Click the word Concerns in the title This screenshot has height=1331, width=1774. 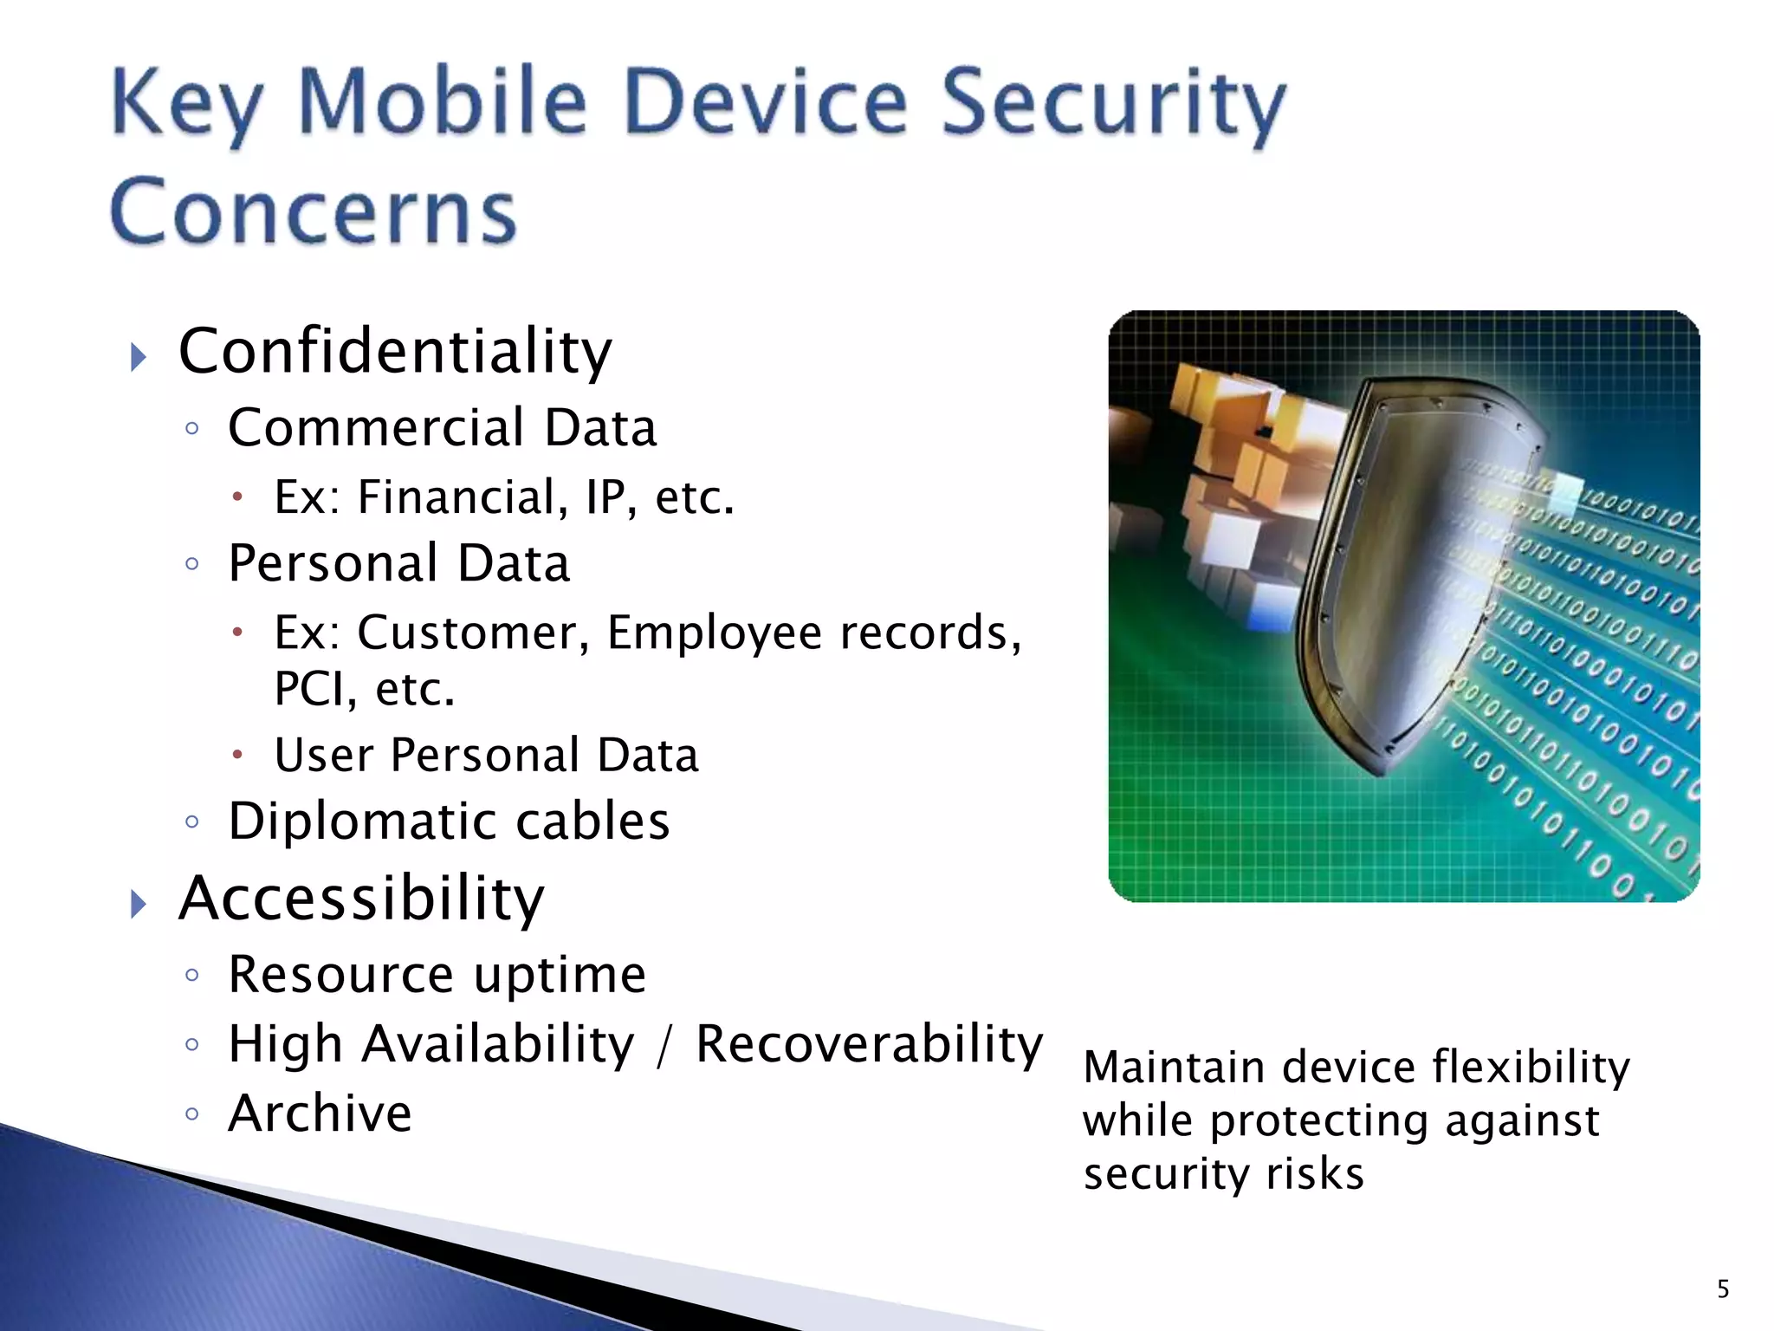[314, 212]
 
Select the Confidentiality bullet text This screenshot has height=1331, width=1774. [395, 352]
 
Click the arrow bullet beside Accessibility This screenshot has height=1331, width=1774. [139, 904]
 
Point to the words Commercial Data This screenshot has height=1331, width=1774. [442, 427]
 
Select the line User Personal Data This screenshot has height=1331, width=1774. [486, 755]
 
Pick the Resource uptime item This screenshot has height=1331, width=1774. [437, 975]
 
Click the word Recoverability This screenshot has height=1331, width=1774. [869, 1044]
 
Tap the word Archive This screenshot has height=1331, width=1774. [320, 1113]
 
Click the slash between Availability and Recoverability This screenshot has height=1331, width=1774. [664, 1046]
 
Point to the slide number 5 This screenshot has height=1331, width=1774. [1723, 1289]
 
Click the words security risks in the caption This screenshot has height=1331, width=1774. [1223, 1174]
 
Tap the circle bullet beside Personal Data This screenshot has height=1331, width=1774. [192, 565]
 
